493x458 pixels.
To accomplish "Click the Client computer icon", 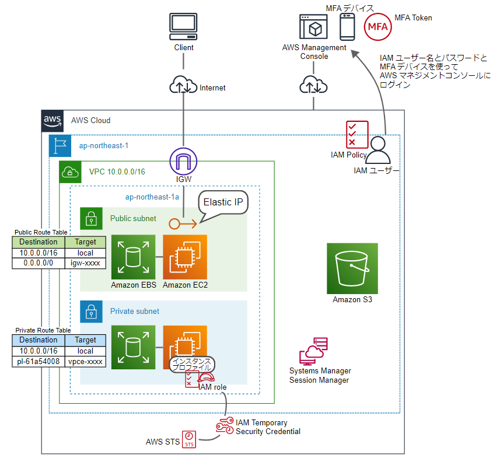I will [184, 27].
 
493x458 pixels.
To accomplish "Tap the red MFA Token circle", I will [377, 27].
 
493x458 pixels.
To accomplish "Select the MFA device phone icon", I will [348, 26].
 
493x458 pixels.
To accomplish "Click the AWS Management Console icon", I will [314, 27].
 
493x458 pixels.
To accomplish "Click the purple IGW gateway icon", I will [184, 160].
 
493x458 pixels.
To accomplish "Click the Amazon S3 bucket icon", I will [352, 268].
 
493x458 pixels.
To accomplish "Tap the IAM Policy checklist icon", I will [356, 135].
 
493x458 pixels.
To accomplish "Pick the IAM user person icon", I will [379, 151].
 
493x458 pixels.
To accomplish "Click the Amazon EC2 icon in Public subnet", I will [185, 257].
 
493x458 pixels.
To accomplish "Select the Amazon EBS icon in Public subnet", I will [133, 257].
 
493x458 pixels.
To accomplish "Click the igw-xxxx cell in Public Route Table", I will [85, 263].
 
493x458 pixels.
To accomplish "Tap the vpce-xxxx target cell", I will [85, 362].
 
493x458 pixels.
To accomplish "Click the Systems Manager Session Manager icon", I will [314, 351].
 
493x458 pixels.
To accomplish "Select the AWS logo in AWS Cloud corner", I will [53, 120].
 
